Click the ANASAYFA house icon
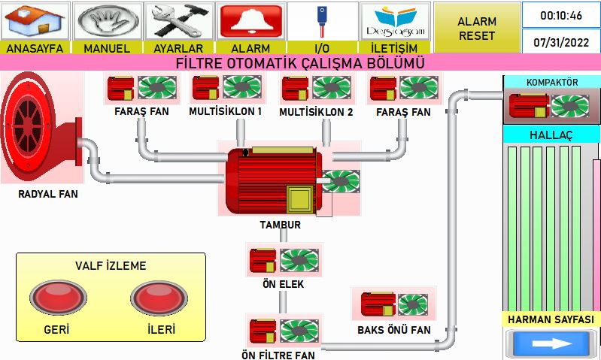[x=35, y=22]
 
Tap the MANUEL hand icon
[x=107, y=22]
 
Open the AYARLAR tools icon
[x=178, y=22]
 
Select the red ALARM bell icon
[x=250, y=22]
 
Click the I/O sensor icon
[x=323, y=22]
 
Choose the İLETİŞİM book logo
[x=394, y=22]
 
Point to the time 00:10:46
[x=560, y=16]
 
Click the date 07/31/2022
[x=560, y=42]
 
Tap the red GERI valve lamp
[x=58, y=298]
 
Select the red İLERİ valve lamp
[x=159, y=298]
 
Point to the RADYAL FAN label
[x=48, y=194]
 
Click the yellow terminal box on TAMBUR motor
[x=299, y=199]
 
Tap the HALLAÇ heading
[x=551, y=135]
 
